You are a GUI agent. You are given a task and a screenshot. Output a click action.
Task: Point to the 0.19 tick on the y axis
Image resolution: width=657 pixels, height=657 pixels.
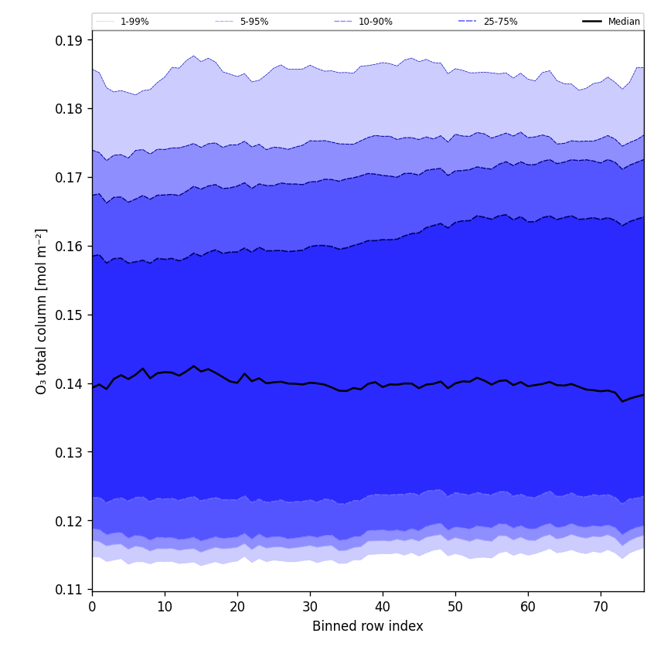click(x=70, y=40)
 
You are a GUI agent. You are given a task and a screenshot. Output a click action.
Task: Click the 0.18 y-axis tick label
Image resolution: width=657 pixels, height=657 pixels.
click(x=70, y=109)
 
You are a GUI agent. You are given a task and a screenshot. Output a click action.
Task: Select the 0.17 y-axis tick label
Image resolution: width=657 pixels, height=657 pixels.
click(x=70, y=178)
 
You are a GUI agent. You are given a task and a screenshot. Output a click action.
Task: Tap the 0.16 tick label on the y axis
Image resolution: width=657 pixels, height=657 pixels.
click(x=70, y=247)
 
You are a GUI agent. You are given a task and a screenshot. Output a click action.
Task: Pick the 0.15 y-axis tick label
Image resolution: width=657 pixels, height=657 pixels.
click(x=70, y=315)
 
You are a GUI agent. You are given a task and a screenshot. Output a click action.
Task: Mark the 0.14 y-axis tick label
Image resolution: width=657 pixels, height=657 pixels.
click(x=70, y=384)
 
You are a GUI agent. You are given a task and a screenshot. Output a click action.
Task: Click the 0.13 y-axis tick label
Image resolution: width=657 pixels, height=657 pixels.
click(x=70, y=452)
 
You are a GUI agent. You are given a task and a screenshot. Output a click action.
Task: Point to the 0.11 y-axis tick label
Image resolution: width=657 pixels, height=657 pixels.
click(x=70, y=590)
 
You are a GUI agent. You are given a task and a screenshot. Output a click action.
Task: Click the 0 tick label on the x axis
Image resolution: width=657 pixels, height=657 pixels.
click(x=92, y=607)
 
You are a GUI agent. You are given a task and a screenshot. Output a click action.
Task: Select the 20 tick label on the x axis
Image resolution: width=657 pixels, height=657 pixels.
click(x=237, y=607)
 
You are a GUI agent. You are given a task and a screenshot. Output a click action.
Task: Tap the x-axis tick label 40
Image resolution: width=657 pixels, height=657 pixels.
click(x=383, y=607)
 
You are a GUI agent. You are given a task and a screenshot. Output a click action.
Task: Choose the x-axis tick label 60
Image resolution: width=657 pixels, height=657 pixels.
click(x=528, y=607)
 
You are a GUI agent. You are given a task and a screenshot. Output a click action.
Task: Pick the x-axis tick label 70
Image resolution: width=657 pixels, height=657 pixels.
click(x=601, y=607)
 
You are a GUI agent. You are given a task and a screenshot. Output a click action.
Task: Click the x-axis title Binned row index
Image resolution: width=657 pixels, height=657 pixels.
click(x=368, y=627)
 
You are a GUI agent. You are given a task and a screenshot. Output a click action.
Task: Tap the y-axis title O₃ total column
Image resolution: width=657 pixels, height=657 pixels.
click(x=42, y=311)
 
